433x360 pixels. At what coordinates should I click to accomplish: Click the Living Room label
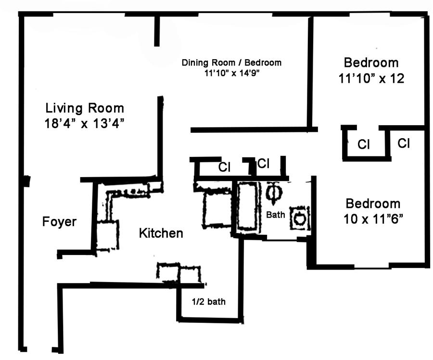(x=85, y=108)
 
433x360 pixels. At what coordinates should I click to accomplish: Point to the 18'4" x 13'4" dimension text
(x=85, y=124)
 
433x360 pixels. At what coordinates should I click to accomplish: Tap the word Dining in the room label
(x=193, y=63)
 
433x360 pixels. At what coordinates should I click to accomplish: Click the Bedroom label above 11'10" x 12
(x=371, y=63)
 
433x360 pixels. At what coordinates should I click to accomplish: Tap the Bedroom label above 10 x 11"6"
(x=373, y=204)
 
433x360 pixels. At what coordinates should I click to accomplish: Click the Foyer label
(x=59, y=222)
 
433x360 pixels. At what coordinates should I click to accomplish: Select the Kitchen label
(x=161, y=234)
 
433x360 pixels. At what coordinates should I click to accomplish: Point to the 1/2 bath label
(x=209, y=302)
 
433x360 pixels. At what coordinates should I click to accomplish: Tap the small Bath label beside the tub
(x=276, y=215)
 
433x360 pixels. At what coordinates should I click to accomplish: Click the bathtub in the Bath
(x=247, y=206)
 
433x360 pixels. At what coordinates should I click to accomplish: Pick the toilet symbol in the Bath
(x=272, y=193)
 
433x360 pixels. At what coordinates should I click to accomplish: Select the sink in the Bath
(x=299, y=218)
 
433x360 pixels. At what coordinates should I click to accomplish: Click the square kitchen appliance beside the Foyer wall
(x=107, y=235)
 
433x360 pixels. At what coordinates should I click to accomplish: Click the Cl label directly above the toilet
(x=263, y=164)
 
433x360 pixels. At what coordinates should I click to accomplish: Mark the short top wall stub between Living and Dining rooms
(x=157, y=31)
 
